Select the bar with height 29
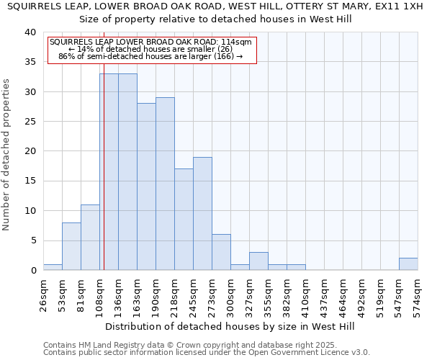point(165,184)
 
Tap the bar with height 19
point(202,213)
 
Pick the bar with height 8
point(71,246)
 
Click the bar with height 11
point(90,237)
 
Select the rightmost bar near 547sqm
point(408,264)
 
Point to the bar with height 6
point(221,252)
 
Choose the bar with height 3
point(258,261)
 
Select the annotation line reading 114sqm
point(150,42)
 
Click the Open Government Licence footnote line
point(207,353)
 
